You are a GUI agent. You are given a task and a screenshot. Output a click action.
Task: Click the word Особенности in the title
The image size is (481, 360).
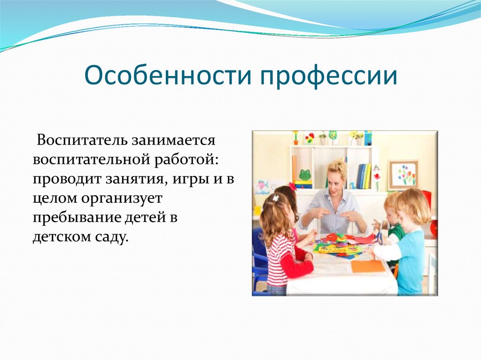tap(168, 76)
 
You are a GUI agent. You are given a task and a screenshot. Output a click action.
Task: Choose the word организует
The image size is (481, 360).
tap(122, 199)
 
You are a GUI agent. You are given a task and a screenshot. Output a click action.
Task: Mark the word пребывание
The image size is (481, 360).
tap(76, 218)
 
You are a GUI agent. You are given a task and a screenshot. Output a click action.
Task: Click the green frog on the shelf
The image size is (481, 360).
tap(304, 175)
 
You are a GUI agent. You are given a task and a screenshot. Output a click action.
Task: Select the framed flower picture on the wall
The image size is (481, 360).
tap(403, 175)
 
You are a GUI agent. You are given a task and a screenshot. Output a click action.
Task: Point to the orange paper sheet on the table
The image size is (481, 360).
tap(368, 266)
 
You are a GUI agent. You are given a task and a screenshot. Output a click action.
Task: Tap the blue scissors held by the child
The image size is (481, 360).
tap(379, 237)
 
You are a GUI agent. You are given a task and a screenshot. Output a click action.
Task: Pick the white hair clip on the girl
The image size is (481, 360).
tap(276, 198)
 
